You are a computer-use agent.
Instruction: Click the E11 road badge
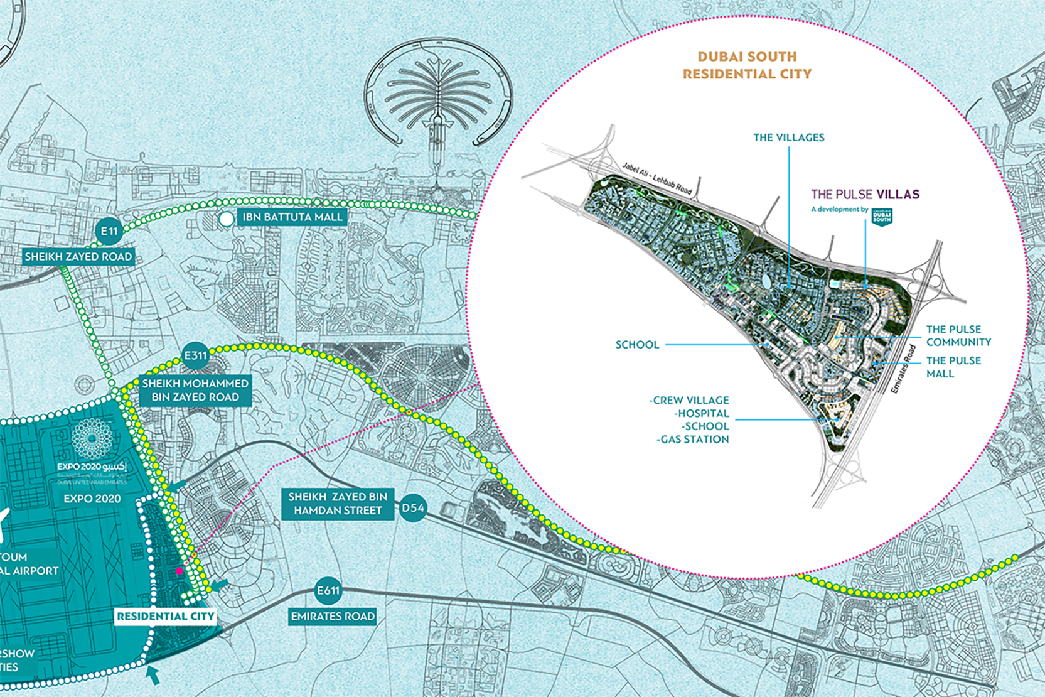point(109,231)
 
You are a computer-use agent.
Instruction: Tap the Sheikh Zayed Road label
point(78,256)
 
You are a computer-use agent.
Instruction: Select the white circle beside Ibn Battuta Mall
point(227,219)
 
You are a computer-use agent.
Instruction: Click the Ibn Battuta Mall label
point(292,217)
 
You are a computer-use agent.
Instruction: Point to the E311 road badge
point(195,355)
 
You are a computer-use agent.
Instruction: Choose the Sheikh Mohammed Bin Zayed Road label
point(195,390)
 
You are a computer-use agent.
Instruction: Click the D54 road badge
point(413,507)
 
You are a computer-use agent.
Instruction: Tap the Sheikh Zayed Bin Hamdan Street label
point(338,504)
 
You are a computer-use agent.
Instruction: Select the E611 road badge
point(328,590)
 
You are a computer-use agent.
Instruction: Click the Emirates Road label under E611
point(333,617)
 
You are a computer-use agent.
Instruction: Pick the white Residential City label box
point(166,616)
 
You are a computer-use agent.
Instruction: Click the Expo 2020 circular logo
point(92,438)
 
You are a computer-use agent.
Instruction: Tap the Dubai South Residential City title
point(747,65)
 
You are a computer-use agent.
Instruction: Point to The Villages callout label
point(789,138)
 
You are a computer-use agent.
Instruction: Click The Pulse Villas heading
point(865,194)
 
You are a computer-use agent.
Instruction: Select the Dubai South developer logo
point(882,217)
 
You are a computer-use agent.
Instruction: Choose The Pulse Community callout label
point(958,335)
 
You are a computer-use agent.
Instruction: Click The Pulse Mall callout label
point(953,367)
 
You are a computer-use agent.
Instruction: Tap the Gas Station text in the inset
point(693,440)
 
